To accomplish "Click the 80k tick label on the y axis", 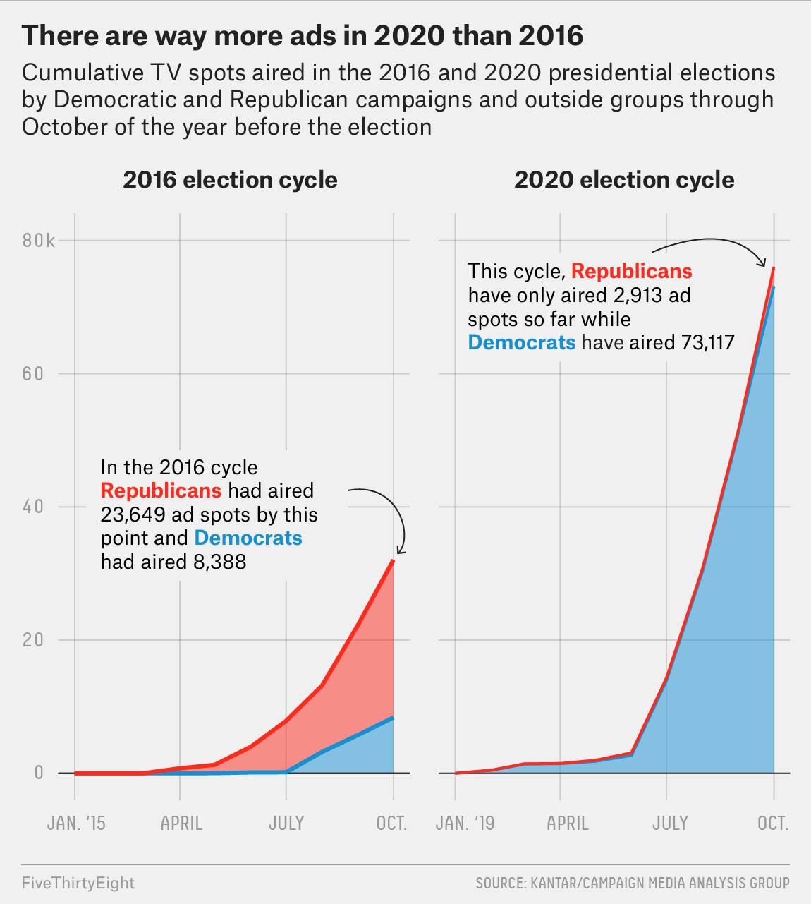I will coord(38,241).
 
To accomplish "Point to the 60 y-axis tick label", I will coord(33,373).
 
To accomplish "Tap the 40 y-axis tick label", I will coord(33,506).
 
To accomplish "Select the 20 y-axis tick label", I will coord(33,639).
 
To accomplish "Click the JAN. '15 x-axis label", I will coord(76,824).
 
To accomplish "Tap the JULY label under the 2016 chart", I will coord(286,824).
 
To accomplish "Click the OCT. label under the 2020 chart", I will coord(773,824).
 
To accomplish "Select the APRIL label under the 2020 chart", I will coord(568,824).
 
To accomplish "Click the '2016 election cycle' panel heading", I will coord(230,180).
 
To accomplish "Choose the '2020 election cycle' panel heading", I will coord(624,180).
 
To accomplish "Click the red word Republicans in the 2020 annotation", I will coord(631,271).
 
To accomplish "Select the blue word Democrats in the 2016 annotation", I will coord(248,538).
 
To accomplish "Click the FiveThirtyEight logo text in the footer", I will coord(78,883).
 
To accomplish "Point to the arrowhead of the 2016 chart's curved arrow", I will coord(400,551).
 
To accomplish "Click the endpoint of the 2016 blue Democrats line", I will coord(393,718).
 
